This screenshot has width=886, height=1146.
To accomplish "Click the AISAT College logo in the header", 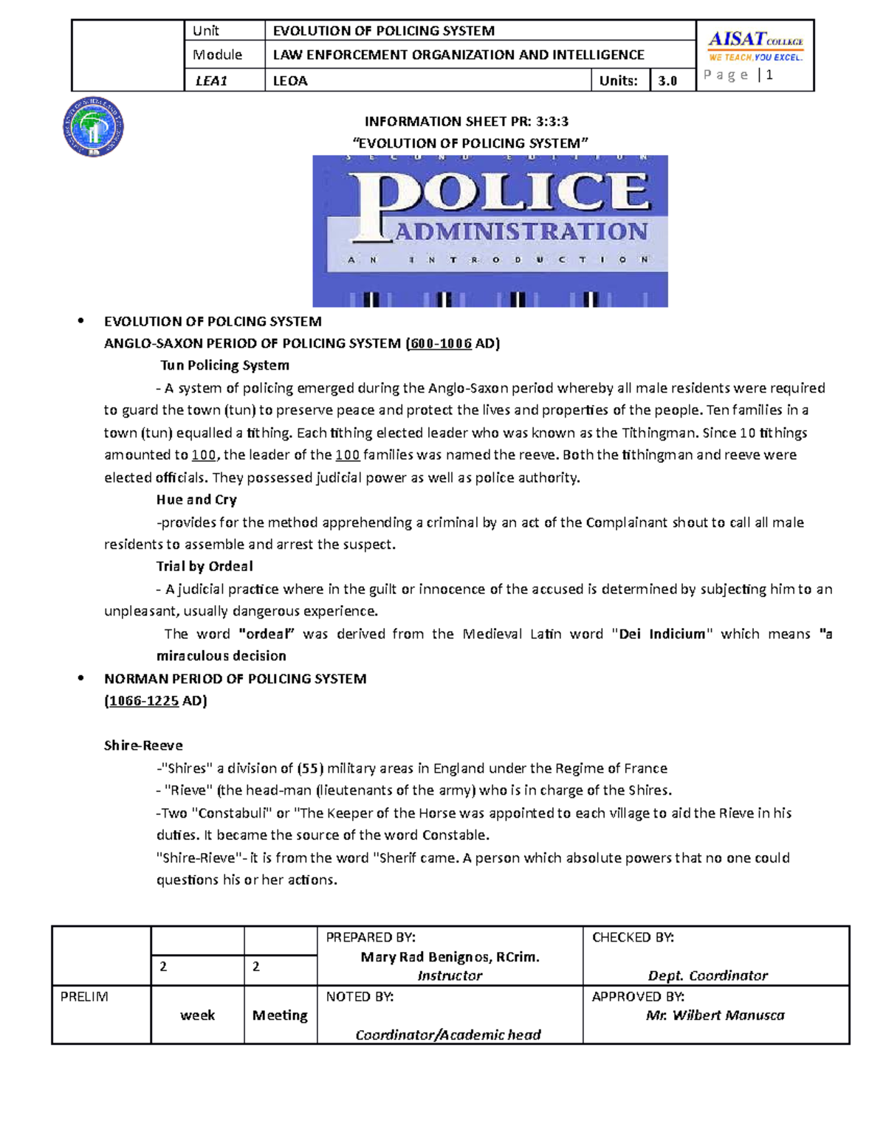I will [x=755, y=46].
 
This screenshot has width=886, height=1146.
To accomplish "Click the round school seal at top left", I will [x=93, y=128].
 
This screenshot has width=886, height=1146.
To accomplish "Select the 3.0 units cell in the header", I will [x=667, y=81].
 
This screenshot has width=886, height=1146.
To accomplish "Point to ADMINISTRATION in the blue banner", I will [x=521, y=232].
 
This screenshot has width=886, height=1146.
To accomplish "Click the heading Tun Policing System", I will [x=224, y=365].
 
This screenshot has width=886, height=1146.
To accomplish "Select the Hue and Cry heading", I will [x=196, y=500].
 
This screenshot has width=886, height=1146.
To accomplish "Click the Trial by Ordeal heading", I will [x=205, y=566].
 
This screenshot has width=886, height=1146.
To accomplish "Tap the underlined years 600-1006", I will [x=440, y=343].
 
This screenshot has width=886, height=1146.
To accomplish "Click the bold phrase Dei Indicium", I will [x=662, y=634].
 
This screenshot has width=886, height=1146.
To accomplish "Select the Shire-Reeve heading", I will [x=143, y=745].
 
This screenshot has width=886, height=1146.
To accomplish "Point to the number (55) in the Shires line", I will [x=310, y=768].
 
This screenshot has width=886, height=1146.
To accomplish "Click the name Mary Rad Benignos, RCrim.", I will [x=450, y=957].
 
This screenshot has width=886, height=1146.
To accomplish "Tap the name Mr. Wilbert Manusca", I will [x=715, y=1015].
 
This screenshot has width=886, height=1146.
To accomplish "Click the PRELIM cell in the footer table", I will [x=84, y=997].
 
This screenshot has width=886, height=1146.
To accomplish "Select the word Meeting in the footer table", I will [x=280, y=1015].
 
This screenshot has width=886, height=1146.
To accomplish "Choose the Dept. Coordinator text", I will [x=707, y=976].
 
